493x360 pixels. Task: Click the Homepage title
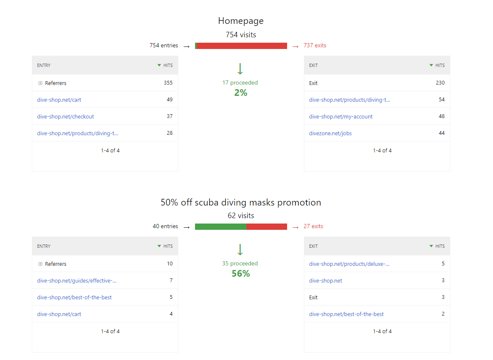(241, 21)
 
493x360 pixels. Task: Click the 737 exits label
(315, 46)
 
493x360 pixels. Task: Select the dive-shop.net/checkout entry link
(65, 116)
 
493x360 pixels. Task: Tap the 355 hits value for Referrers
(168, 83)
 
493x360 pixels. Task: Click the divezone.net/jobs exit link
(330, 133)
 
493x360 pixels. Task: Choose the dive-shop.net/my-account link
(341, 116)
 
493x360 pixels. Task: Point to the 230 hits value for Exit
(440, 83)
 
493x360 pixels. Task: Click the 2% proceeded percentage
(241, 93)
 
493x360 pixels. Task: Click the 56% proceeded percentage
(241, 274)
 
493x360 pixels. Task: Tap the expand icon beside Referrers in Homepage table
(40, 83)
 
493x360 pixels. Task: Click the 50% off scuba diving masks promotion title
(241, 203)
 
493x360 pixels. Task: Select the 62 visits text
(241, 216)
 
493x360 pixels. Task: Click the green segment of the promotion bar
(221, 226)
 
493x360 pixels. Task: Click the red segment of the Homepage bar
(242, 46)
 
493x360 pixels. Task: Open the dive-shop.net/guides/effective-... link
(77, 280)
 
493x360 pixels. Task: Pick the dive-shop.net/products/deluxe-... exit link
(349, 264)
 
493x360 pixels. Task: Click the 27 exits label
(313, 226)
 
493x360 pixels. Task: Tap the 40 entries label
(165, 226)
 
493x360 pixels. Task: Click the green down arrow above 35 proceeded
(240, 249)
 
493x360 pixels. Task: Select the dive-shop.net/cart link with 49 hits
(59, 100)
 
